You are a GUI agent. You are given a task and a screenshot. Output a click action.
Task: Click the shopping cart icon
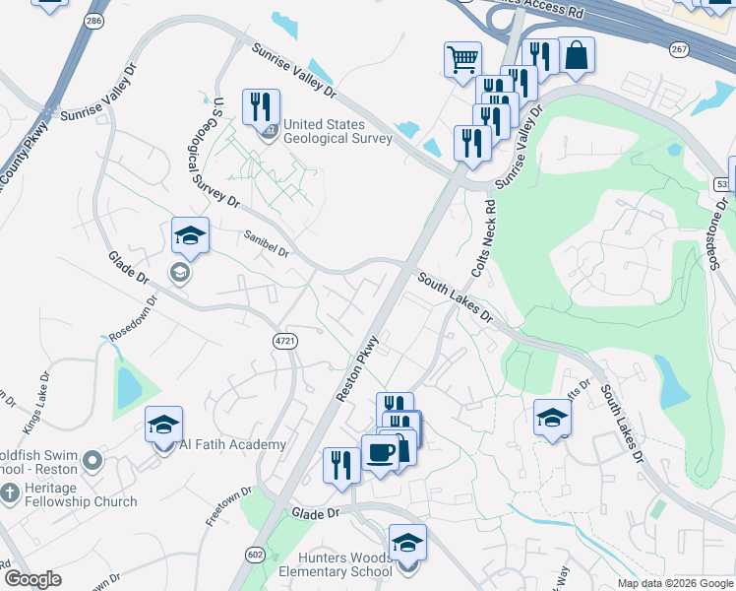click(462, 58)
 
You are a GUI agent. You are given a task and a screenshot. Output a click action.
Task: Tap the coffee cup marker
click(381, 453)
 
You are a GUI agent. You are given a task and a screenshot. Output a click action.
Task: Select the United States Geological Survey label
click(337, 131)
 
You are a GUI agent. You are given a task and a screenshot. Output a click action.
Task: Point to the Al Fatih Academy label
click(233, 445)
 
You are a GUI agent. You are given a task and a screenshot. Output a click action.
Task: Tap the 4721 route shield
click(284, 338)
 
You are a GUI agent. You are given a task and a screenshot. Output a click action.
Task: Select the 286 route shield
click(94, 20)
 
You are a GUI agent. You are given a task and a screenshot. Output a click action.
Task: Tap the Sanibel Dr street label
click(267, 251)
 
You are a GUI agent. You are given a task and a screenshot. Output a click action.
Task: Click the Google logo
click(32, 579)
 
